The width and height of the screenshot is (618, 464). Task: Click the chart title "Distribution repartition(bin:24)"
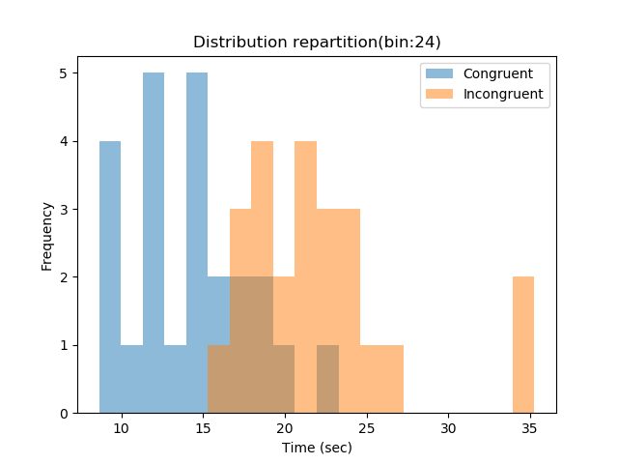pyautogui.click(x=317, y=43)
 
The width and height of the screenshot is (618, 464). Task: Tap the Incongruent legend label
pyautogui.click(x=502, y=95)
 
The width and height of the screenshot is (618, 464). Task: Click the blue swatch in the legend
pyautogui.click(x=440, y=73)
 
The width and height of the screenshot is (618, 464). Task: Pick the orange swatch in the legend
pyautogui.click(x=440, y=95)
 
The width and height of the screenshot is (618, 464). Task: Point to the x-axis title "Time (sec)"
pyautogui.click(x=317, y=448)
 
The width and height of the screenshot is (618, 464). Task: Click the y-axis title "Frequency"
pyautogui.click(x=46, y=235)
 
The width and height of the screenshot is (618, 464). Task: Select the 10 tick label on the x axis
pyautogui.click(x=121, y=427)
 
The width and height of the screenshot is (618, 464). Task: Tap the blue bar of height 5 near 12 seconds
pyautogui.click(x=154, y=242)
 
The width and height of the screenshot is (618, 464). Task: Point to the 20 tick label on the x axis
pyautogui.click(x=285, y=427)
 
